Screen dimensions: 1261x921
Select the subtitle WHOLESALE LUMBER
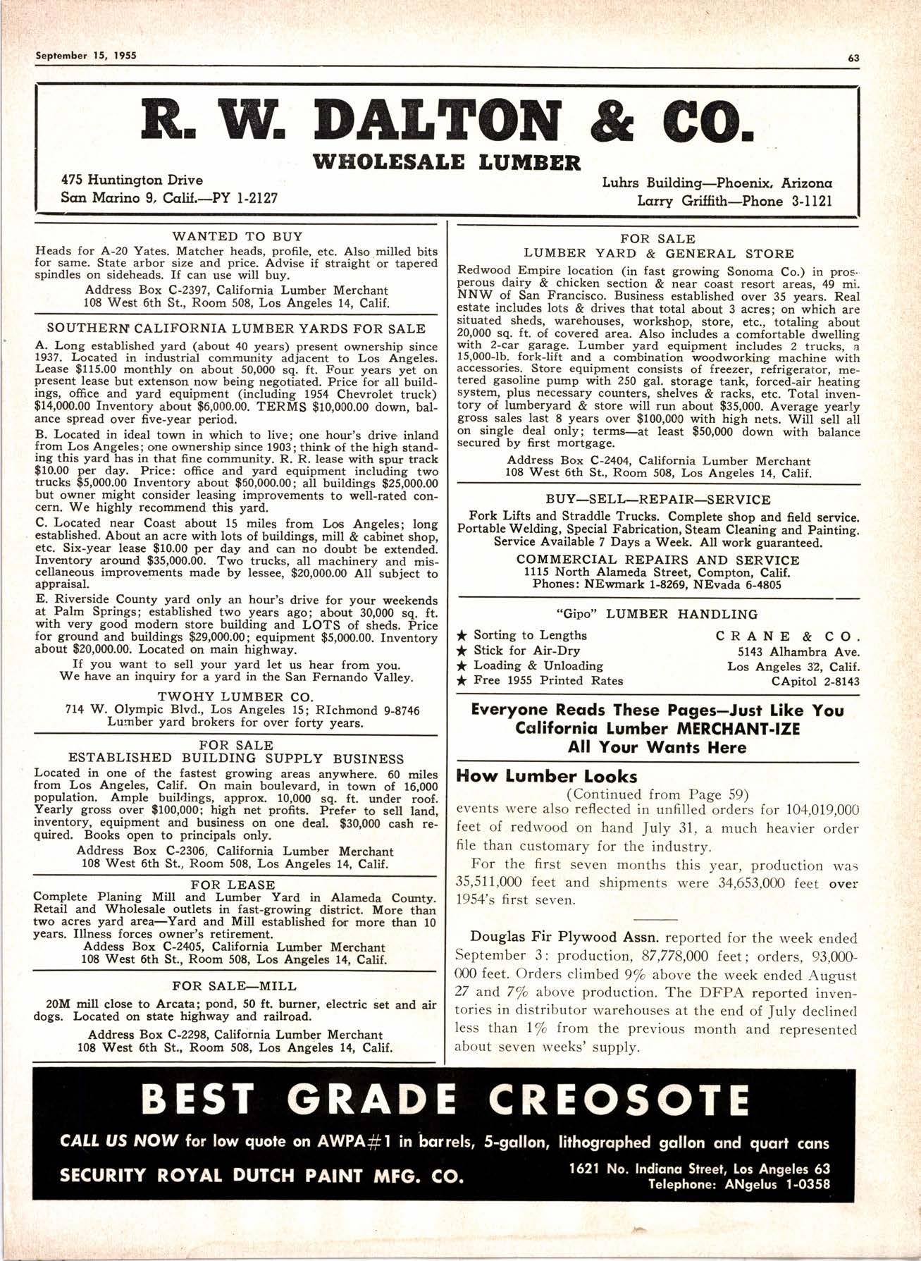pos(450,161)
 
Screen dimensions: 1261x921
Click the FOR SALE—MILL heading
pos(235,985)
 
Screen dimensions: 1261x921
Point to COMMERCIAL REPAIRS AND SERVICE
pos(658,560)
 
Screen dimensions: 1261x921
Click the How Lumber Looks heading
pos(547,777)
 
